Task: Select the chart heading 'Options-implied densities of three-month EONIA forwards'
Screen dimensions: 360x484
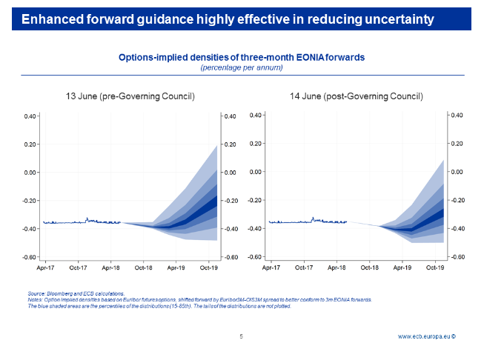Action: point(242,57)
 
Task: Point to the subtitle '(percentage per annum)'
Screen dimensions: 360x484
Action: point(242,67)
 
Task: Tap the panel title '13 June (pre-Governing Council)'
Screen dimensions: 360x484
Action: point(130,96)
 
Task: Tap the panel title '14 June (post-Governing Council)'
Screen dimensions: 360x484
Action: point(357,96)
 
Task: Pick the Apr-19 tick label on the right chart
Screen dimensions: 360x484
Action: point(403,269)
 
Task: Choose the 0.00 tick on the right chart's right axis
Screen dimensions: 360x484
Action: point(457,172)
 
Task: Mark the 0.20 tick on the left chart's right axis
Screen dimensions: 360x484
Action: point(231,144)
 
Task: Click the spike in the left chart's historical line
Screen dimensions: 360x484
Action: point(87,219)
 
